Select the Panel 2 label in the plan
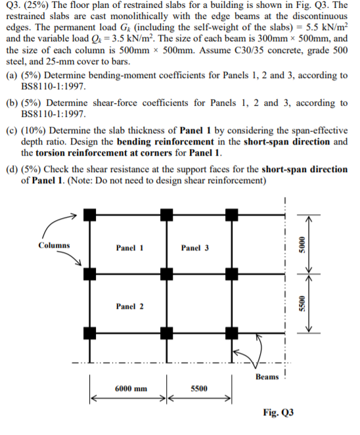point(129,307)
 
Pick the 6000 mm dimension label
point(131,388)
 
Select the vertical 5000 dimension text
point(302,242)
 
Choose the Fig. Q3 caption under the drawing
point(278,412)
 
